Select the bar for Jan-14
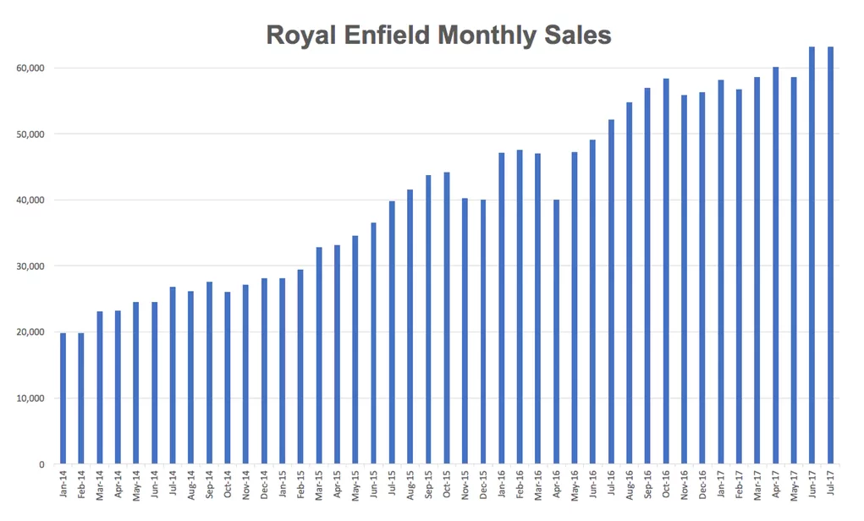tap(63, 398)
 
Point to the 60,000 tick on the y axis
tap(31, 68)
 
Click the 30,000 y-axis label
tap(31, 266)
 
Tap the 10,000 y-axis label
tap(31, 398)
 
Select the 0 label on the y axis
tap(41, 464)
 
